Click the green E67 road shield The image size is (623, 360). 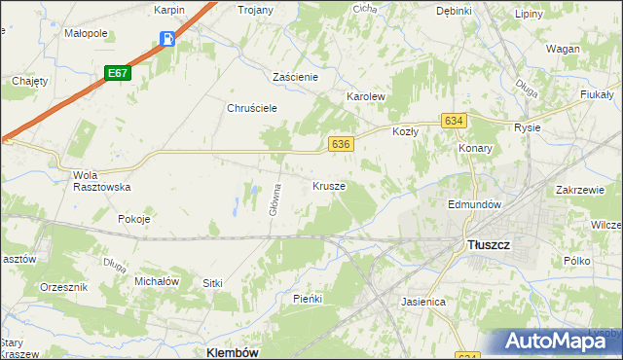118,73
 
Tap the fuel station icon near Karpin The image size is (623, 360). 167,40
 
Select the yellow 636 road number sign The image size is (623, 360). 340,144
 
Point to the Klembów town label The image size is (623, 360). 233,352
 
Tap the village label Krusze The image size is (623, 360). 329,185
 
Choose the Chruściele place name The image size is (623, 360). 254,108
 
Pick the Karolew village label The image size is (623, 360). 367,98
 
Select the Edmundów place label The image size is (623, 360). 473,205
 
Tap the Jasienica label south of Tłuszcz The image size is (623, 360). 423,302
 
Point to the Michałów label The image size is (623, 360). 157,281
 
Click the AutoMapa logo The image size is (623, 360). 554,341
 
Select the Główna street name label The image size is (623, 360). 276,199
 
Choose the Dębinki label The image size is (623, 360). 454,11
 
